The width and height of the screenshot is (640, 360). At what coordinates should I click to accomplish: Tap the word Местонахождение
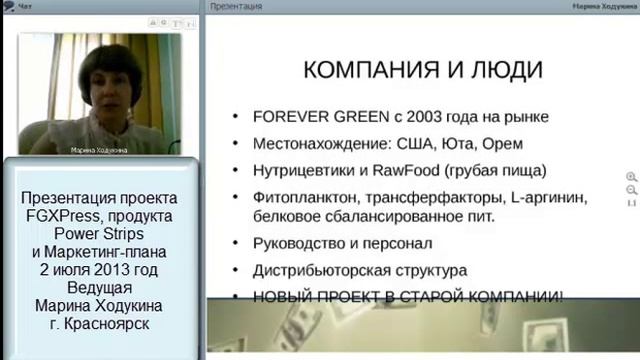click(x=316, y=142)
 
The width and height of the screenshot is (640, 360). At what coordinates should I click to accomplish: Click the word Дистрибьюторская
click(x=319, y=269)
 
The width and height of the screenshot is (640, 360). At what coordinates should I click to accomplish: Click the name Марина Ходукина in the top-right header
click(x=599, y=6)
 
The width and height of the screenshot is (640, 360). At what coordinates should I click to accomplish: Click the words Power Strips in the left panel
click(x=102, y=232)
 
